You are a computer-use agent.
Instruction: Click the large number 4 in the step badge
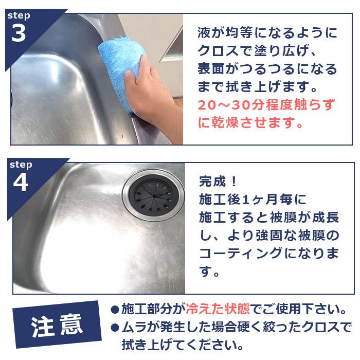tap(20, 184)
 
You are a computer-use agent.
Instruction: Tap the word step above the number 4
tap(21, 165)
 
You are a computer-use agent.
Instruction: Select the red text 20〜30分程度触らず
tap(267, 105)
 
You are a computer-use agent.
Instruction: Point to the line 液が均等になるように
tap(267, 33)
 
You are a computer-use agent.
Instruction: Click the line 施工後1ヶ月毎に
tap(252, 199)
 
